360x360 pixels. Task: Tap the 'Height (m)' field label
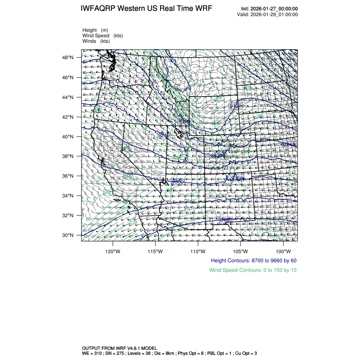click(95, 30)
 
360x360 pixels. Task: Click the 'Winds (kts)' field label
click(96, 41)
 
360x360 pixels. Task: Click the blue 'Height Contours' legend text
click(253, 260)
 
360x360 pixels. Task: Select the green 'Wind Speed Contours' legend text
click(253, 270)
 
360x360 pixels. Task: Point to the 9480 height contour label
click(226, 220)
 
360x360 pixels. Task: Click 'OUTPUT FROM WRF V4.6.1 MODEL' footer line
click(119, 348)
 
